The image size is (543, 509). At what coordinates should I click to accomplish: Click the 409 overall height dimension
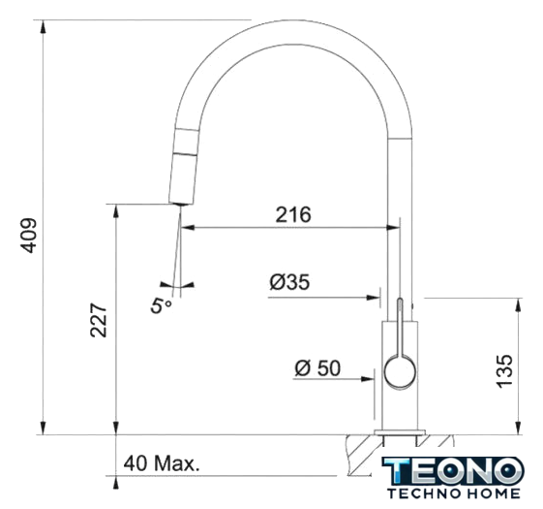click(28, 236)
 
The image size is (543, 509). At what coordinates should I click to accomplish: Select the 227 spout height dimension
click(99, 320)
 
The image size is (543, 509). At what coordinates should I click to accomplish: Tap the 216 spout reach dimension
click(293, 215)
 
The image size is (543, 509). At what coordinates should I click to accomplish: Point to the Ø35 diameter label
click(289, 282)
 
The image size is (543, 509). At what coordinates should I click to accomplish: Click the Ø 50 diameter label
click(317, 368)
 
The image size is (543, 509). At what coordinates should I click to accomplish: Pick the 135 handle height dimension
click(504, 371)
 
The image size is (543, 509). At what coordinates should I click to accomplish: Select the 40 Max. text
click(162, 463)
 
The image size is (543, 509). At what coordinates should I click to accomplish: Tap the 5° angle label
click(161, 305)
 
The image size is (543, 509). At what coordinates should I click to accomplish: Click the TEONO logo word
click(453, 471)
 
